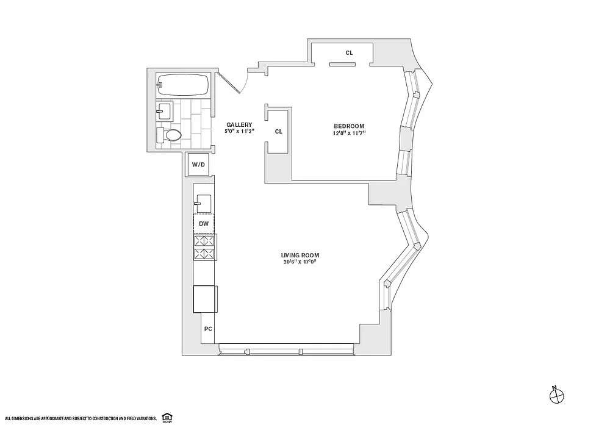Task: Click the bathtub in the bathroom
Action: (x=183, y=85)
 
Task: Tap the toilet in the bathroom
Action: (x=168, y=135)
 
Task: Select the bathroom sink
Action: (x=164, y=112)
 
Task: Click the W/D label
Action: (x=198, y=165)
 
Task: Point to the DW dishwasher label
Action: (x=204, y=224)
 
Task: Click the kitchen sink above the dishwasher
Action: (x=204, y=204)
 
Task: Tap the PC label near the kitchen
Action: (x=208, y=329)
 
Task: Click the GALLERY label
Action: (x=239, y=125)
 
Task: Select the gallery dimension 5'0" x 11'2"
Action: (x=239, y=132)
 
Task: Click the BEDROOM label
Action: (x=349, y=126)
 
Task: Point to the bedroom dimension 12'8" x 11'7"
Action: (x=348, y=133)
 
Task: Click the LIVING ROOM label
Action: (x=300, y=255)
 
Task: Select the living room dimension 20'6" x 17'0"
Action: (x=300, y=262)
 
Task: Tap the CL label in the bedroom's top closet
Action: (x=349, y=52)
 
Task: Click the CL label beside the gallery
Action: (x=279, y=132)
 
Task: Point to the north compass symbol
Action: (x=556, y=396)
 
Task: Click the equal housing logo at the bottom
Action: (x=167, y=418)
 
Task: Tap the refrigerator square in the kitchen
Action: (x=204, y=299)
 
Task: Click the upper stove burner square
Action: (x=204, y=240)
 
